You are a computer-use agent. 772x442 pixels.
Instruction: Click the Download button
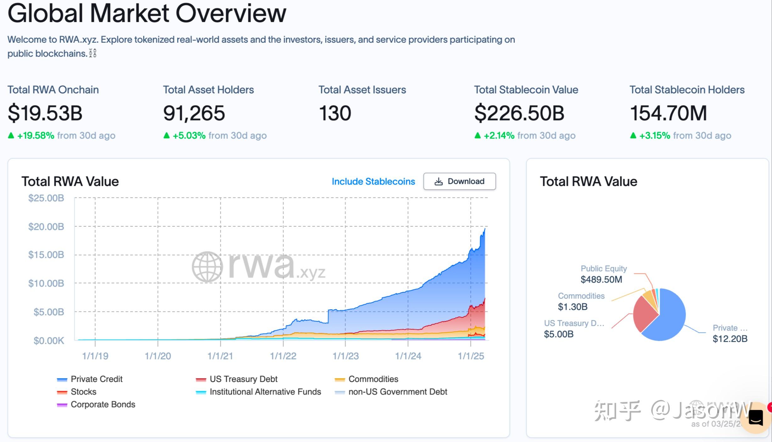(x=459, y=181)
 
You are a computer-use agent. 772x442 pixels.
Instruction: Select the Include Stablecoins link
(x=373, y=181)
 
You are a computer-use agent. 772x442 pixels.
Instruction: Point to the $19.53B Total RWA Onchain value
(x=45, y=113)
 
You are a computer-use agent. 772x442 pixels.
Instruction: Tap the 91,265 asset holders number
(x=194, y=113)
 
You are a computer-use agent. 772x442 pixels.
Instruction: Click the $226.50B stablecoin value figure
(x=519, y=113)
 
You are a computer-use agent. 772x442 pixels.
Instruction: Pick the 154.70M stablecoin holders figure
(x=668, y=113)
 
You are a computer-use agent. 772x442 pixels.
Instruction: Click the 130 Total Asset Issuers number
(x=335, y=113)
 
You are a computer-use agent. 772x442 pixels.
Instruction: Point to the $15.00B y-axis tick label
(x=46, y=255)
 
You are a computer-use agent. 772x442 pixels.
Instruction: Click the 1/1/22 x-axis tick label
(x=283, y=356)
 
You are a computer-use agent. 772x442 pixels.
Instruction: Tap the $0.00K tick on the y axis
(x=48, y=340)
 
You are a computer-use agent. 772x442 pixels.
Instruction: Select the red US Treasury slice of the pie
(x=643, y=313)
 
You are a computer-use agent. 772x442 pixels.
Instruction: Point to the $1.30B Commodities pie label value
(x=573, y=307)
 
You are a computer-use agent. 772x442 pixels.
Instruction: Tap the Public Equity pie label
(x=603, y=268)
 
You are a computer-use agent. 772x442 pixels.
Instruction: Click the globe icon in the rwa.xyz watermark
(x=207, y=267)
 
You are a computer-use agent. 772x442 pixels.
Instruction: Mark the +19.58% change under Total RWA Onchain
(x=36, y=135)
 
